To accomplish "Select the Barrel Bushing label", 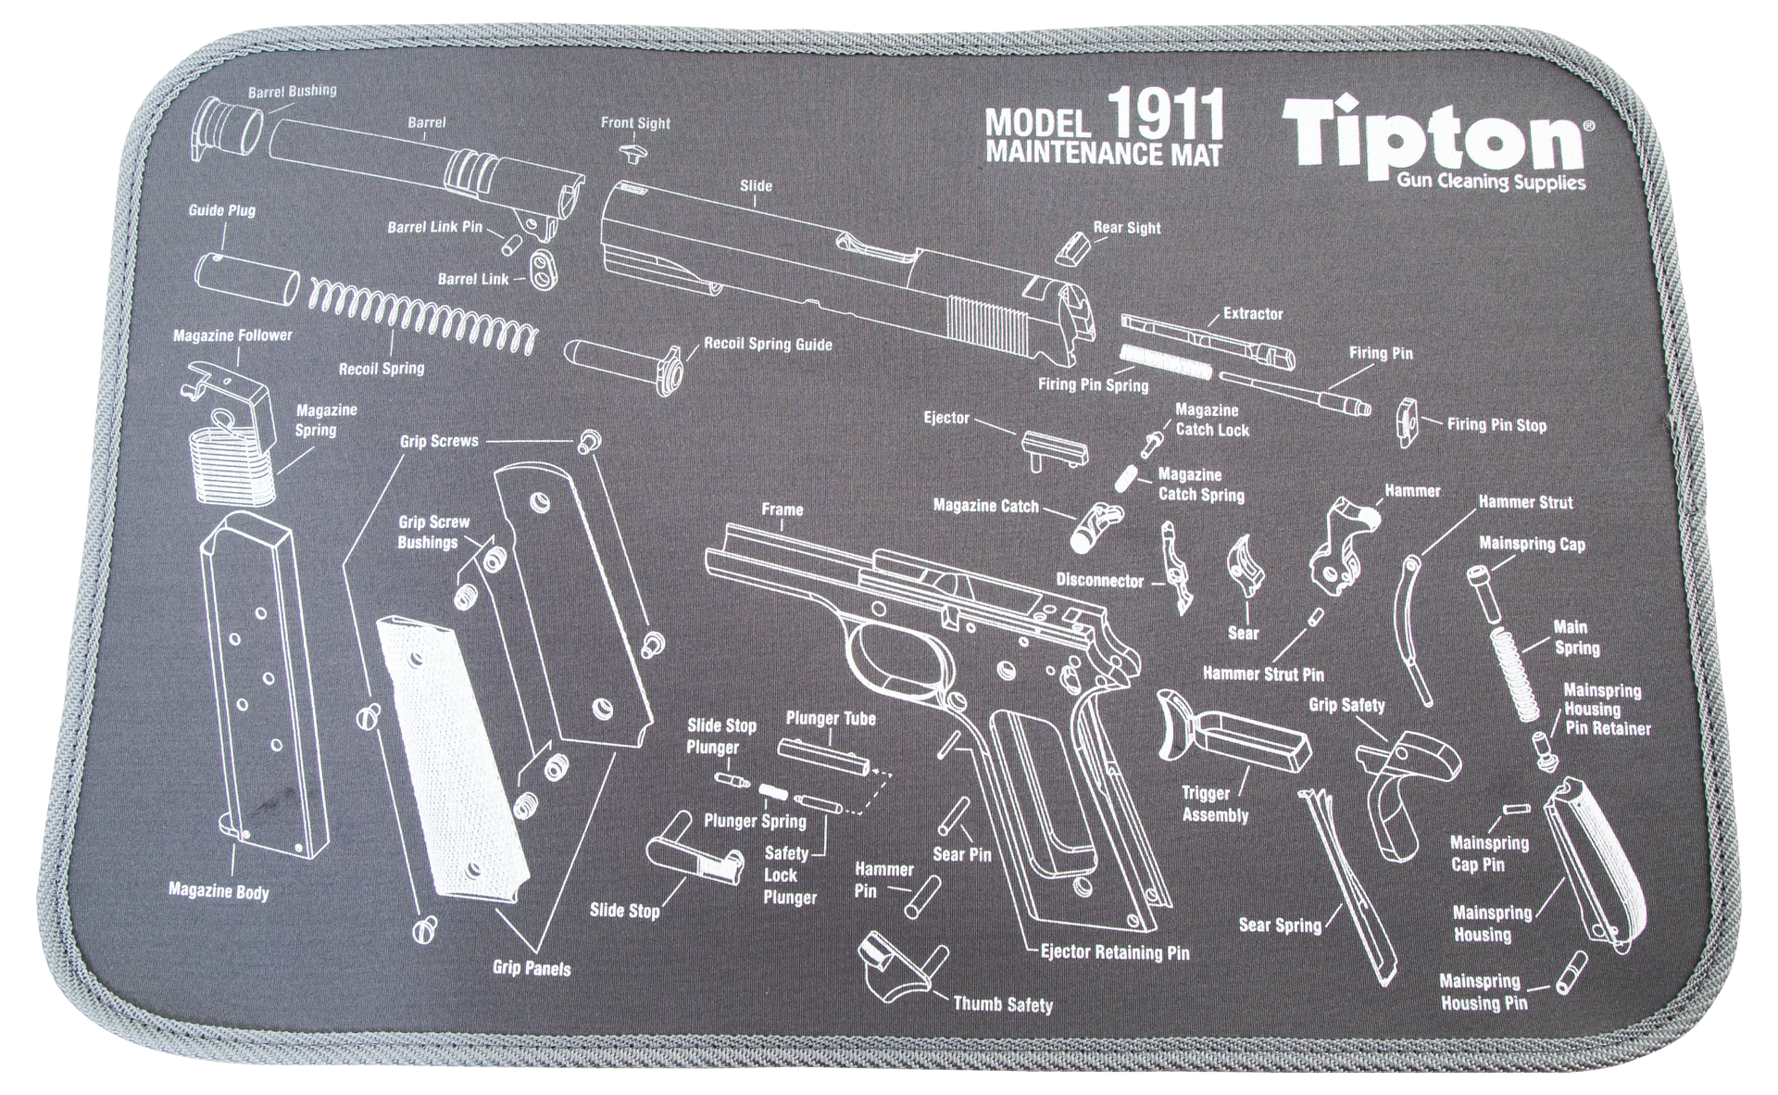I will [292, 92].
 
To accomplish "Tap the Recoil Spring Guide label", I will [768, 345].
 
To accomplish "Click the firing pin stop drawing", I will [1410, 422].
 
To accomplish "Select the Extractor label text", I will [1252, 314].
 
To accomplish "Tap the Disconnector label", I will [1100, 581].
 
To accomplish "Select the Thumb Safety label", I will [1003, 1003].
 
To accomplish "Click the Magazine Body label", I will [219, 892].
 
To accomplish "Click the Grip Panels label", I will [532, 968].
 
